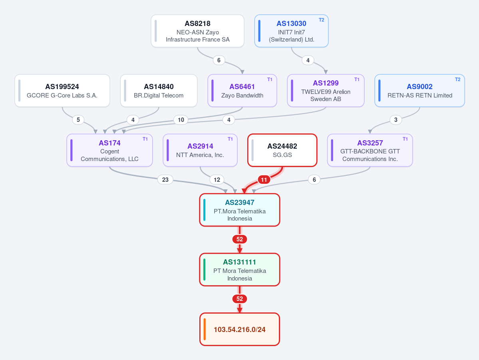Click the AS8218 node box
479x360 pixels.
click(197, 31)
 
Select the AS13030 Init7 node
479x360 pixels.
click(291, 31)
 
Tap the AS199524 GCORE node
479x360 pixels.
click(62, 90)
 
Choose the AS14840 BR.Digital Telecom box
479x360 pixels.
click(159, 90)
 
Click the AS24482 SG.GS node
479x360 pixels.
click(282, 150)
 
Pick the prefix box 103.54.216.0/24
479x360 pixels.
click(240, 329)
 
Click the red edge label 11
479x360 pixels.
click(264, 180)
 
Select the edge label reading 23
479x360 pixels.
click(165, 180)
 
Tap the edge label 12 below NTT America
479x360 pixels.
click(217, 180)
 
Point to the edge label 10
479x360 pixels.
click(181, 120)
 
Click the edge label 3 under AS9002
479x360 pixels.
click(396, 120)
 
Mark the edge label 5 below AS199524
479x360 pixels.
click(78, 120)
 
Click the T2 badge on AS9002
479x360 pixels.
click(457, 80)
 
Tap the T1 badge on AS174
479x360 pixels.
click(145, 139)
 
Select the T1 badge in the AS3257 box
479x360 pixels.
click(405, 139)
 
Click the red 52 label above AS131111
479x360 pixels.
click(240, 239)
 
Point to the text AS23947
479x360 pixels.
click(240, 203)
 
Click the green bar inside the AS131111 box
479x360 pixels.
click(205, 270)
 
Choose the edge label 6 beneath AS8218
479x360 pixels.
click(219, 60)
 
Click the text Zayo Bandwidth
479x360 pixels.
click(242, 95)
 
